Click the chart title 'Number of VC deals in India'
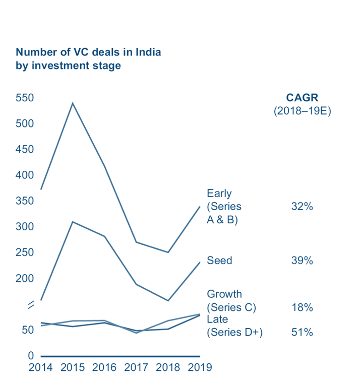click(88, 52)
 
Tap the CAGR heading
click(302, 98)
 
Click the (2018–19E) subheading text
click(302, 111)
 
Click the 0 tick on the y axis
click(30, 356)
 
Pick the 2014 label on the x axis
click(40, 367)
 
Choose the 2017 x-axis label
click(136, 367)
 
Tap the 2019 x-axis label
click(200, 367)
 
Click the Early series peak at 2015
click(73, 103)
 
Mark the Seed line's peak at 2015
click(73, 222)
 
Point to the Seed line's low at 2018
click(168, 301)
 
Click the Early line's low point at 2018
click(168, 252)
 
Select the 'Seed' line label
click(219, 261)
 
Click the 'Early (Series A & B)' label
click(224, 207)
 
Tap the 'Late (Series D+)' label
click(234, 326)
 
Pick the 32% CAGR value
click(302, 206)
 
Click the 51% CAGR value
click(302, 332)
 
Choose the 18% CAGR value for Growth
click(302, 307)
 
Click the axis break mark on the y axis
click(30, 304)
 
